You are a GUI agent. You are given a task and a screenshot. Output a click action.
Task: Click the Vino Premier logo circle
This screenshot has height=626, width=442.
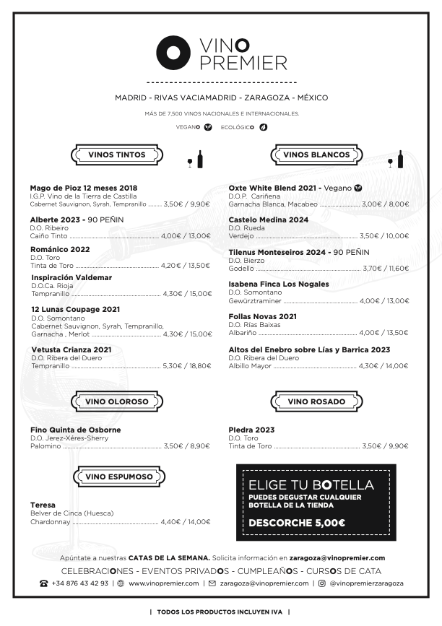(173, 52)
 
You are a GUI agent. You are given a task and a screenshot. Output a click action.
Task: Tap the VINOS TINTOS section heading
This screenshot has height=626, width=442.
(117, 155)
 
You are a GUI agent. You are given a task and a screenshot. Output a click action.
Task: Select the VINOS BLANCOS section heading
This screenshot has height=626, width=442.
(316, 155)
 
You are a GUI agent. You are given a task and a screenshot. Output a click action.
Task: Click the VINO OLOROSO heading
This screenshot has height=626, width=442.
(117, 401)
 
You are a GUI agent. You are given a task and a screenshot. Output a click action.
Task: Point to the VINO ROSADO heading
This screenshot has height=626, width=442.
(316, 401)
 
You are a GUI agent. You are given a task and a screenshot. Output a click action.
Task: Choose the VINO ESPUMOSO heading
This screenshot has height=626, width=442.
(119, 477)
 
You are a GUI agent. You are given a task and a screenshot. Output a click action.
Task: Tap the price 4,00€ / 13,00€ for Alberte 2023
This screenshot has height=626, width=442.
(186, 236)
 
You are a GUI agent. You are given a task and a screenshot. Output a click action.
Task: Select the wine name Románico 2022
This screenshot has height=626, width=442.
(60, 249)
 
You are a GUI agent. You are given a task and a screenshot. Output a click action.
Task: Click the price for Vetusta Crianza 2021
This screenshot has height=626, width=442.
(187, 366)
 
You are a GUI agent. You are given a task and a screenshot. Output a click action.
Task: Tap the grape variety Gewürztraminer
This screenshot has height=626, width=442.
(255, 301)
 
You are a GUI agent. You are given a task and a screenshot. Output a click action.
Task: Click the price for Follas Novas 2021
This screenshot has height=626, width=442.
(384, 333)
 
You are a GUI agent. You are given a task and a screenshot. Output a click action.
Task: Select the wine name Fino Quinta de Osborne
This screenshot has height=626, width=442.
(75, 430)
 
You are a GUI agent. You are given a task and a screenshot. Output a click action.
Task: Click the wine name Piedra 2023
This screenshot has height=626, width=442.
(251, 430)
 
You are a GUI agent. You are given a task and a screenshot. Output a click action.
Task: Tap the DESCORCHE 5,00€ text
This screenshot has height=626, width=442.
(296, 523)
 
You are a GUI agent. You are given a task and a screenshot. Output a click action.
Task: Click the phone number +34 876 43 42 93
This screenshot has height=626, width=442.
(79, 583)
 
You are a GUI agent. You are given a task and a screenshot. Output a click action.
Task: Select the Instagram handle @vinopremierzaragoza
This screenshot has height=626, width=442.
(366, 583)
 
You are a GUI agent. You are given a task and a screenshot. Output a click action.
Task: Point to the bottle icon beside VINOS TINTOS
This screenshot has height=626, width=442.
(200, 159)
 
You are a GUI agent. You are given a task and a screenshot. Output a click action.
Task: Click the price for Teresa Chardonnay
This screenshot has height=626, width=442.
(186, 521)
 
